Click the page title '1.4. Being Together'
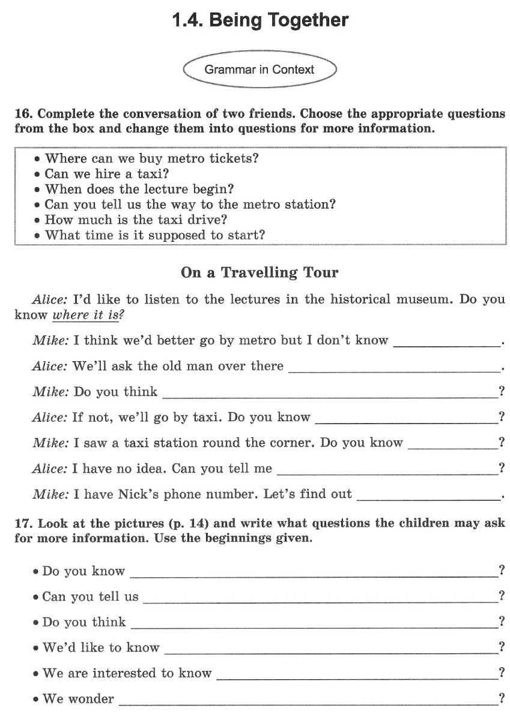pos(260,21)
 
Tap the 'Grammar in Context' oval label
pos(259,70)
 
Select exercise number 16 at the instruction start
pos(23,114)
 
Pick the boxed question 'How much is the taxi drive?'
pos(136,220)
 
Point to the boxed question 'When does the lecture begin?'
pos(139,190)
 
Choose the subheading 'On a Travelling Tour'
pos(260,272)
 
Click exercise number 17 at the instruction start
pos(23,524)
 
